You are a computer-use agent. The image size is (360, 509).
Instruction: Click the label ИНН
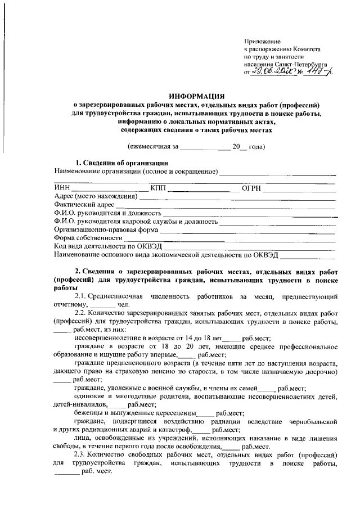coord(62,187)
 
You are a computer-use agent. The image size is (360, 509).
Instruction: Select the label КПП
coord(158,187)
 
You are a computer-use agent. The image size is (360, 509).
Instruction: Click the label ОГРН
coord(251,187)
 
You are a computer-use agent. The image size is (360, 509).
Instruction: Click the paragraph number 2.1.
coord(80,296)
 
